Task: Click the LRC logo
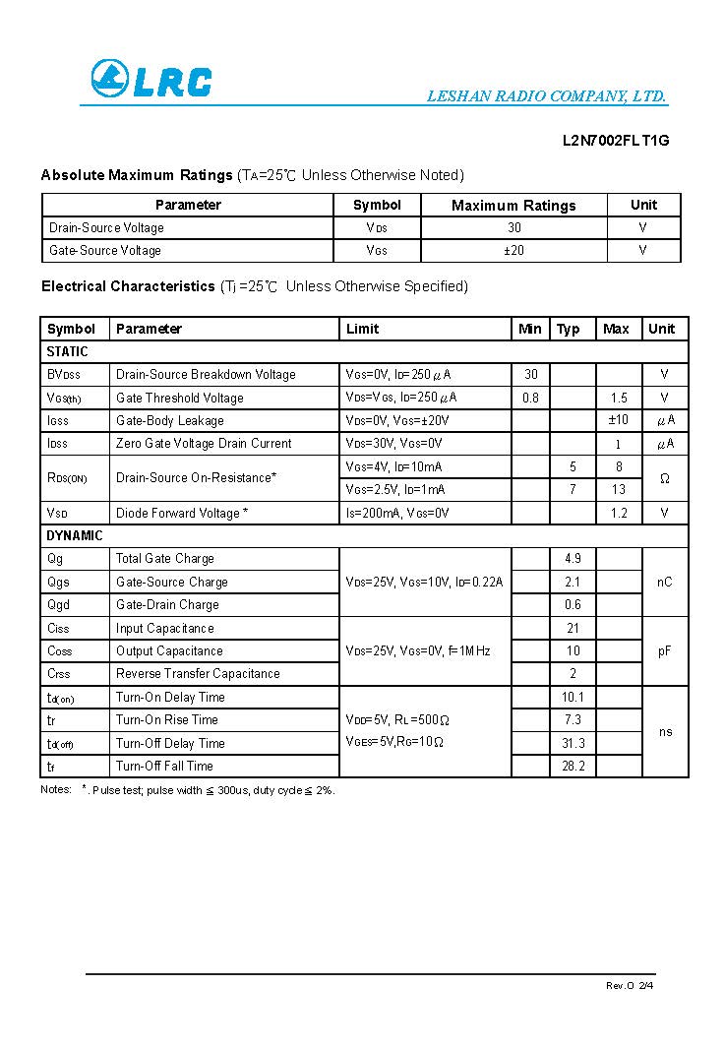[151, 80]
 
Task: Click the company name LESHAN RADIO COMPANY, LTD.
[546, 96]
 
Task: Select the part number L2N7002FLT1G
[616, 140]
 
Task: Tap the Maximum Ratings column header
[513, 206]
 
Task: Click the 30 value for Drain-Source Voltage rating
[513, 228]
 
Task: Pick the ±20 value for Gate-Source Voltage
[513, 251]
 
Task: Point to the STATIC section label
[67, 351]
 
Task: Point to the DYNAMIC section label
[75, 535]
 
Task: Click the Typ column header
[569, 329]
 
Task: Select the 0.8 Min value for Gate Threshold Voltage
[530, 398]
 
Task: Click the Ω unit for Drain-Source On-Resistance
[665, 478]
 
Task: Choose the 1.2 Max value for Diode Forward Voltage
[618, 513]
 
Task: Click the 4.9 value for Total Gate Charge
[573, 559]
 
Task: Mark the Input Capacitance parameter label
[164, 628]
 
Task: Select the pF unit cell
[665, 650]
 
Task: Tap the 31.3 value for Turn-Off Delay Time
[573, 743]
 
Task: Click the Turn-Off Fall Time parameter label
[164, 766]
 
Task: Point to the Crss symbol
[59, 674]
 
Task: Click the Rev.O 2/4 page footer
[629, 985]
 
